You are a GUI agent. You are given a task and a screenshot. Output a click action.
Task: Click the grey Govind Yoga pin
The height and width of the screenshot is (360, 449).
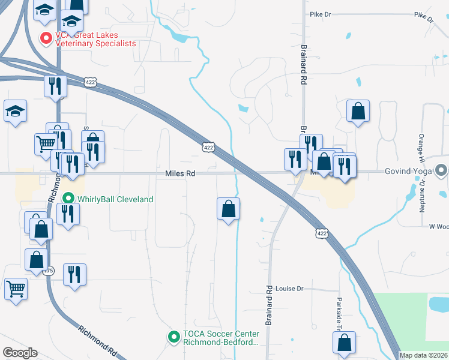(442, 171)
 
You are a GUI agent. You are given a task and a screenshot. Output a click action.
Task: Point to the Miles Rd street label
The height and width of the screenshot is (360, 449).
(181, 173)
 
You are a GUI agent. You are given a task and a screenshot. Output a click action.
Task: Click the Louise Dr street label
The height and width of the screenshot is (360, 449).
(291, 289)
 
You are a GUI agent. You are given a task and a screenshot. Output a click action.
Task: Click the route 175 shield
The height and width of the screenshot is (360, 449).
(49, 271)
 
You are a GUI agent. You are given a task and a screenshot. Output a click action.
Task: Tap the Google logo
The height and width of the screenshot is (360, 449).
(20, 353)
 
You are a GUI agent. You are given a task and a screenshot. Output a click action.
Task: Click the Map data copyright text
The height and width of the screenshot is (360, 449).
(423, 355)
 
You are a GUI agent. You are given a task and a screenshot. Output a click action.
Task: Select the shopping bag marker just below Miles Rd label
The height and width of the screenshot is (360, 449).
(228, 209)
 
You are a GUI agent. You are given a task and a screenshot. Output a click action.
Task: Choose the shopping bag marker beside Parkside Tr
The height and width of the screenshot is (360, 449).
(345, 343)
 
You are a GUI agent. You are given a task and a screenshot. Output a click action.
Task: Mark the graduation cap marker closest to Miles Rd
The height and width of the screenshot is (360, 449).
(16, 110)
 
